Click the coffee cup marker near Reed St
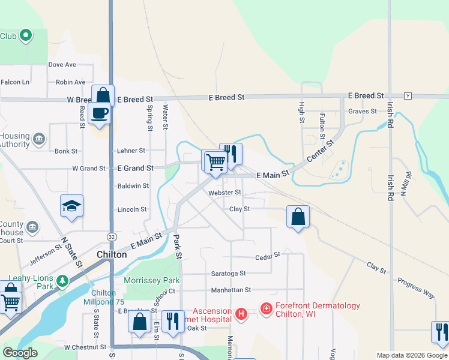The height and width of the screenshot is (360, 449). pos(99,113)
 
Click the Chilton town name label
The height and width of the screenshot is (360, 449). pos(112,254)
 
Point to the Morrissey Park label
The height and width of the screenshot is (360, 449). pos(151,280)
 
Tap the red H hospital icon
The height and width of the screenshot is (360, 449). pos(241,314)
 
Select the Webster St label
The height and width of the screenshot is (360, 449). pos(224,193)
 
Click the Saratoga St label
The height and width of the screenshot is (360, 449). pos(228,273)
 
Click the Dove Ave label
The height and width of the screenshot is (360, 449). pos(62,65)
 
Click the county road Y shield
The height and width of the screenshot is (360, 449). pos(408,96)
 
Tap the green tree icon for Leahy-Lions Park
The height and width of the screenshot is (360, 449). pos(62,280)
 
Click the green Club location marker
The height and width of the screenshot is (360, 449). pos(25,36)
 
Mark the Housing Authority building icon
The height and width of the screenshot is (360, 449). pos(39,139)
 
